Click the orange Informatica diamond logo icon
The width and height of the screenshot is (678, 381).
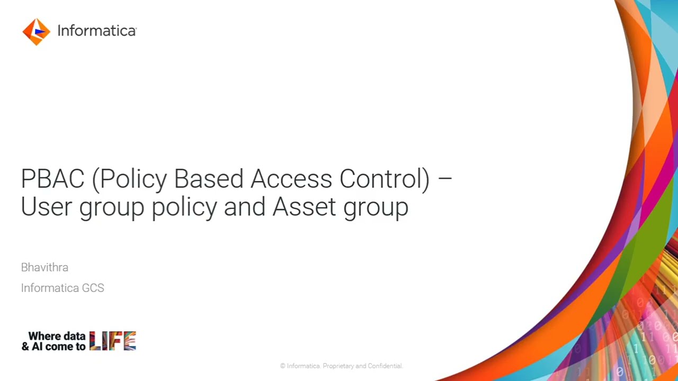[36, 32]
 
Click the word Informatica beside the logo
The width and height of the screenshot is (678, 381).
[96, 31]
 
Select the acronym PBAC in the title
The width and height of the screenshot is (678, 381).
[52, 179]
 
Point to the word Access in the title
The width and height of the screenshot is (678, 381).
[291, 179]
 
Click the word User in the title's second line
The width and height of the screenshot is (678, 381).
[46, 206]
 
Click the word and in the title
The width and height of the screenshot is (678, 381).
[244, 206]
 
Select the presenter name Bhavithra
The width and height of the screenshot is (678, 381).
[44, 267]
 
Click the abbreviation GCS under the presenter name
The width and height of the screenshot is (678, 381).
[93, 288]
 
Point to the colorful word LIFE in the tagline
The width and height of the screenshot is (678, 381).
[113, 341]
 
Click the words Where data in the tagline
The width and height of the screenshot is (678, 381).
[57, 336]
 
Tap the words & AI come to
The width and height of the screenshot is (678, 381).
[53, 347]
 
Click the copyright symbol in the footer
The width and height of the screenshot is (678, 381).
[283, 366]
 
